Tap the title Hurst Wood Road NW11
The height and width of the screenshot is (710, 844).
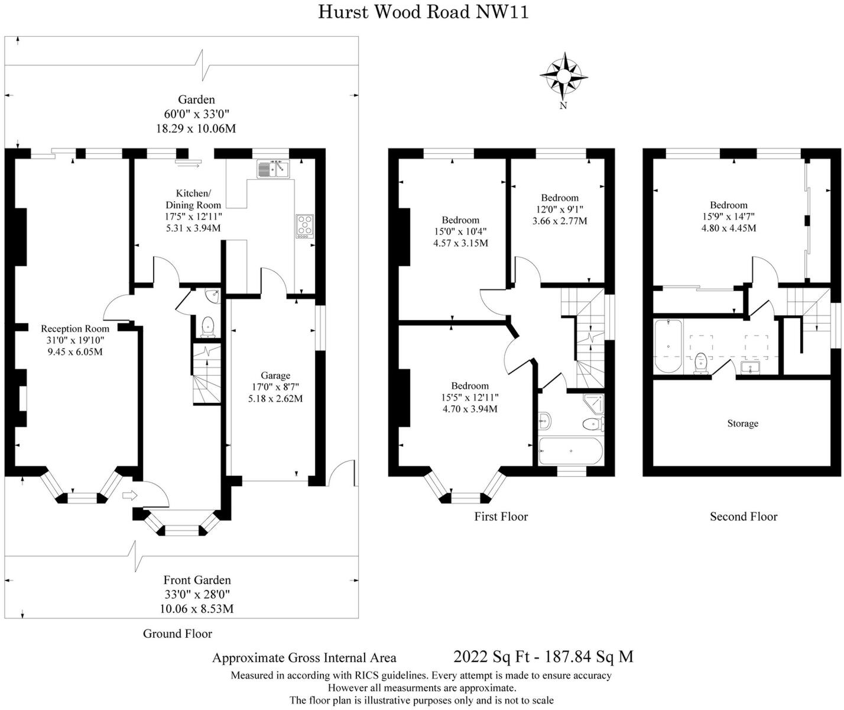pos(423,12)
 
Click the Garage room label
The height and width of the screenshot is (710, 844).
pos(275,375)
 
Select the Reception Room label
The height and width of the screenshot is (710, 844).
pos(75,329)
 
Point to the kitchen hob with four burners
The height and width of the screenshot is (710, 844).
pos(305,226)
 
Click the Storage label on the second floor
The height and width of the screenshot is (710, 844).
pos(742,424)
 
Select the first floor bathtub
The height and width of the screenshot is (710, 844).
pos(570,451)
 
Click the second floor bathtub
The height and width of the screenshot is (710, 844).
pos(668,346)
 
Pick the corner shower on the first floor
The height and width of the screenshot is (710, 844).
pos(593,404)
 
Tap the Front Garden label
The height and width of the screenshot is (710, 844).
pos(197,580)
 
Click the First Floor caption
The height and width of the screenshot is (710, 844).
pos(501,517)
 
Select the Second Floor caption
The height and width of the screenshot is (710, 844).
pos(744,517)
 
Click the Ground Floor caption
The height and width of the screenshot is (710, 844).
pos(177,634)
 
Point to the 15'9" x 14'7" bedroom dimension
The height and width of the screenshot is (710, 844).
pos(729,217)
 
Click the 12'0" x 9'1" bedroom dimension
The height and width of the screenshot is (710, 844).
pos(560,209)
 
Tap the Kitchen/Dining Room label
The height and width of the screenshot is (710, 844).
pos(193,199)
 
